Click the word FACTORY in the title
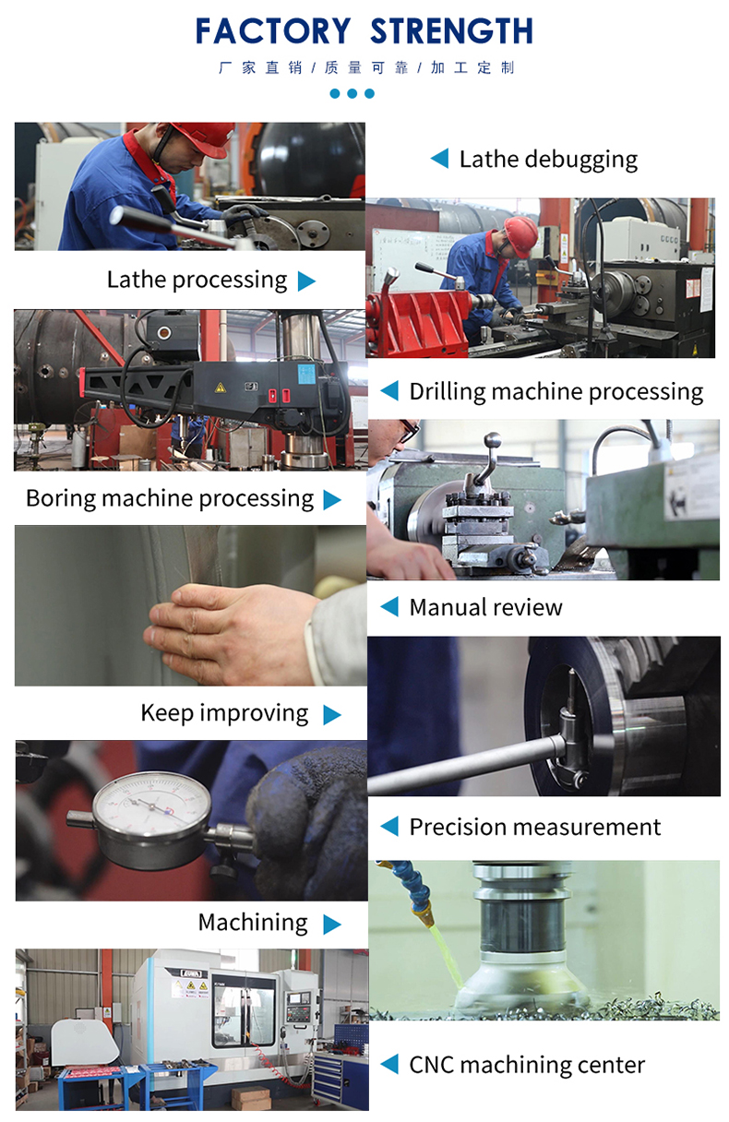click(x=273, y=31)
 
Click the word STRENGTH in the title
click(x=451, y=31)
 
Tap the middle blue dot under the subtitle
click(x=353, y=93)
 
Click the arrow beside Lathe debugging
click(x=439, y=159)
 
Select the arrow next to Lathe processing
click(x=306, y=281)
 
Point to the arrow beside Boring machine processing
click(x=332, y=499)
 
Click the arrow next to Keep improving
click(x=332, y=715)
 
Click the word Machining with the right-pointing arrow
click(x=253, y=923)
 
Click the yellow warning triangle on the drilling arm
click(x=220, y=388)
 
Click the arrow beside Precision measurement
click(x=389, y=827)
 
